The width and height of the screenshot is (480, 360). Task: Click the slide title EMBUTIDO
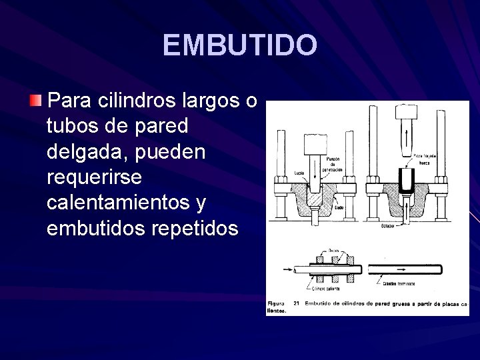pyautogui.click(x=240, y=45)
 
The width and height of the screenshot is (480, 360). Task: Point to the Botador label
pyautogui.click(x=389, y=225)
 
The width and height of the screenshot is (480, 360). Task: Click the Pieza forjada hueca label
pyautogui.click(x=424, y=158)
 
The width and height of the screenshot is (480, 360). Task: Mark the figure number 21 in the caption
pyautogui.click(x=295, y=304)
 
